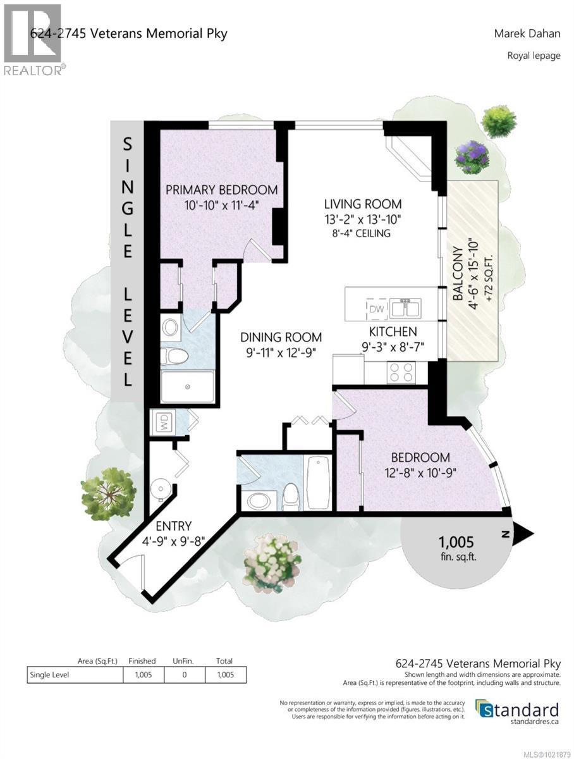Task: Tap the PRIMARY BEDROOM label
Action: click(x=221, y=190)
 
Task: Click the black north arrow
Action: click(x=522, y=534)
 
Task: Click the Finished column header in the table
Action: click(x=142, y=660)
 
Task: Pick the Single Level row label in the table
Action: click(x=49, y=675)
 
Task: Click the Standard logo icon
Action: click(x=485, y=709)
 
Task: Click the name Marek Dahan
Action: click(x=527, y=34)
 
